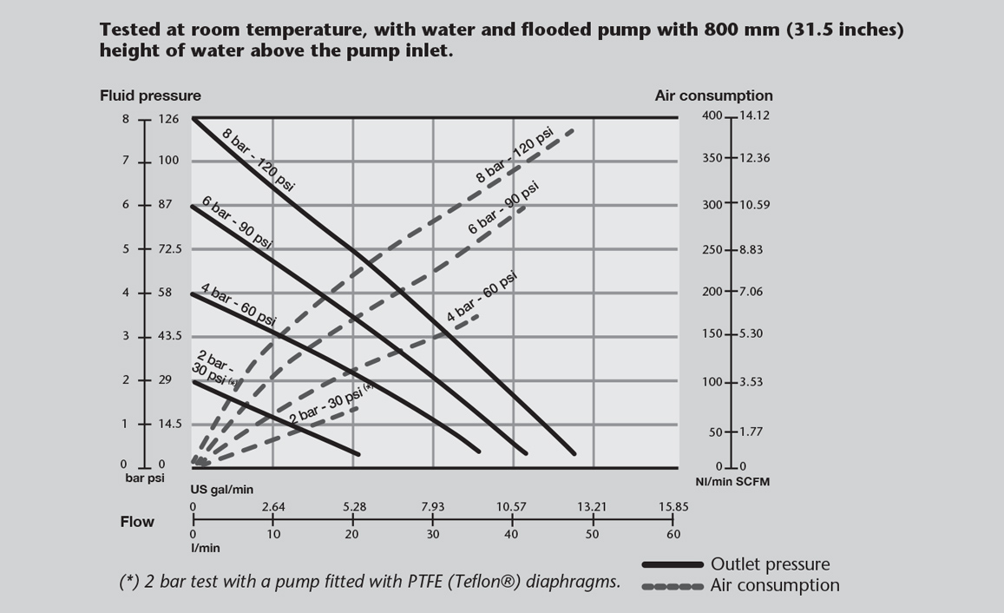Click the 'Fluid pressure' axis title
point(150,96)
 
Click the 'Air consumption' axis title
point(713,96)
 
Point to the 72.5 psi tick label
point(170,249)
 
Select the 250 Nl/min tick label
point(712,250)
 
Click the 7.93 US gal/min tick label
point(433,507)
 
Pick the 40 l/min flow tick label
point(513,534)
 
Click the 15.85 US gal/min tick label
point(673,507)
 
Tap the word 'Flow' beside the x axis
point(137,522)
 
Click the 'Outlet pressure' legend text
point(770,565)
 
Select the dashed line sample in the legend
point(673,586)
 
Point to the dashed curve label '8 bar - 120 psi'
point(515,155)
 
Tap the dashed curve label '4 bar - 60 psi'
point(482,297)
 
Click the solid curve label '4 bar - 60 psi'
point(238,305)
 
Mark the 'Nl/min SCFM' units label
point(732,481)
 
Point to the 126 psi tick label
point(169,119)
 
